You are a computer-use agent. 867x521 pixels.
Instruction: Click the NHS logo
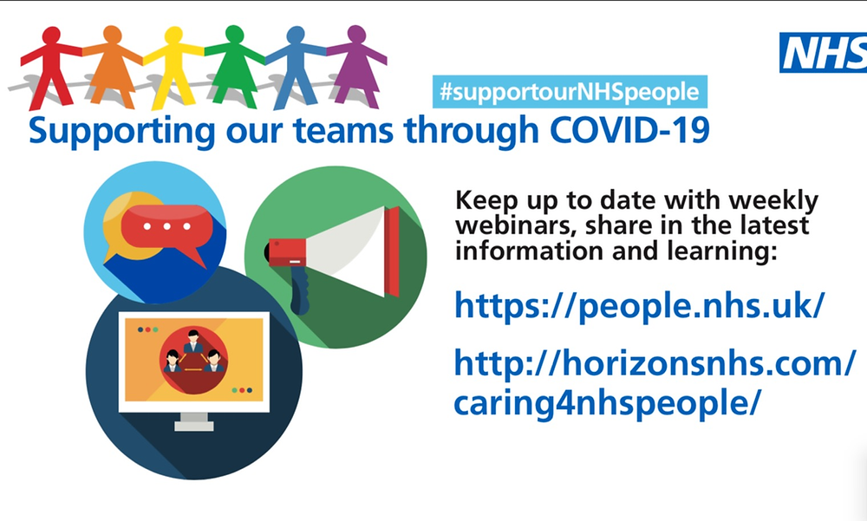click(x=824, y=53)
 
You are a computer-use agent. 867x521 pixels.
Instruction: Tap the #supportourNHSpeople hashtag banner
click(x=570, y=92)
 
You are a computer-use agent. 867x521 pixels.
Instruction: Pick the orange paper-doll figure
click(x=112, y=65)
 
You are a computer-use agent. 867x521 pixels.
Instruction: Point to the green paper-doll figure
click(x=235, y=65)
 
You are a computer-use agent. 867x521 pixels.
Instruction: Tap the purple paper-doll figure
click(x=356, y=65)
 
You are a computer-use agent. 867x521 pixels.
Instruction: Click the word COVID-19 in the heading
click(x=629, y=131)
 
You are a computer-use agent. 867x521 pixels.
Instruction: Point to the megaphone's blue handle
click(x=299, y=290)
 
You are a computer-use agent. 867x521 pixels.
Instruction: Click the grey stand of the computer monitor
click(x=194, y=421)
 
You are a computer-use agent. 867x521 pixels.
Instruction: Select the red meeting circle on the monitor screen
click(x=193, y=360)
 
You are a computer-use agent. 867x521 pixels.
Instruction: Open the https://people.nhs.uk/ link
click(x=640, y=306)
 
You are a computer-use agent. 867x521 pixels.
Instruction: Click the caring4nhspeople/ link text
click(x=607, y=404)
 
